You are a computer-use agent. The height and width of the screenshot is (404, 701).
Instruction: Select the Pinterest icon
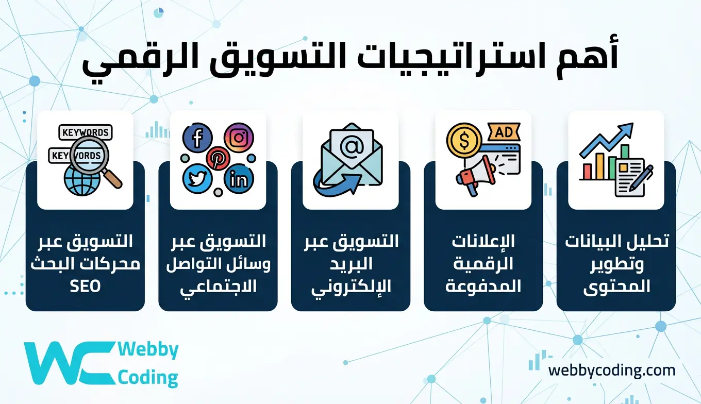218,157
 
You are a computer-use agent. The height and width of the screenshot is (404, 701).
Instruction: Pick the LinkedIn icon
239,179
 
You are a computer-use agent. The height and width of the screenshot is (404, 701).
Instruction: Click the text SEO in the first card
85,286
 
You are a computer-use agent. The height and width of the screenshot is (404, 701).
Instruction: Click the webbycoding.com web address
611,370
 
